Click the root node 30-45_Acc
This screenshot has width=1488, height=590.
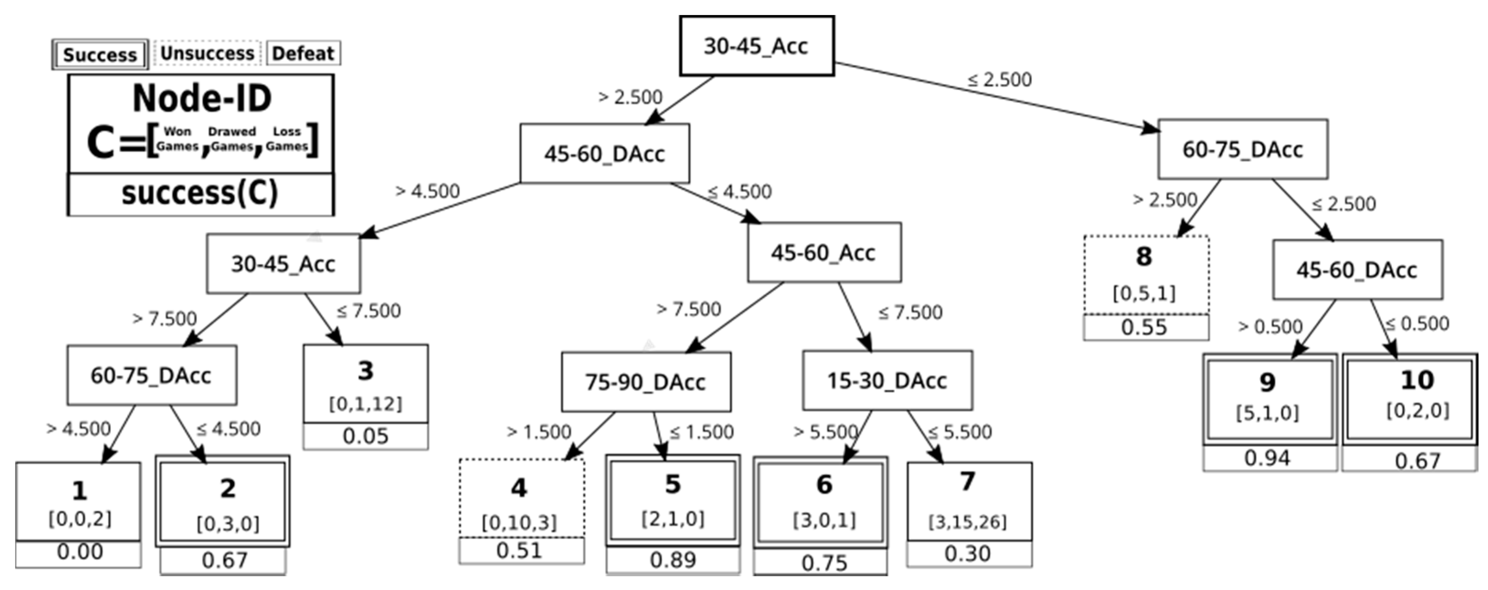pos(756,46)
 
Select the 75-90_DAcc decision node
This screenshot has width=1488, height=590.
pos(645,382)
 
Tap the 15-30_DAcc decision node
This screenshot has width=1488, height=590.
pos(887,380)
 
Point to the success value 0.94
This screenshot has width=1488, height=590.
pos(1267,458)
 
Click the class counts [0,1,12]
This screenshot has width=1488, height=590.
pos(365,404)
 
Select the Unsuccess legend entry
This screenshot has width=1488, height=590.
pos(208,53)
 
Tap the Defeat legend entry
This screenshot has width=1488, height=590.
pos(303,53)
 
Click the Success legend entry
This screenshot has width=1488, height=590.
pos(100,55)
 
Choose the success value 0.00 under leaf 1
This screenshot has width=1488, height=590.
pos(80,552)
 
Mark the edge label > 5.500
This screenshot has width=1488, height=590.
pos(825,432)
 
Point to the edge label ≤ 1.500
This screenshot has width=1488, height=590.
pos(701,432)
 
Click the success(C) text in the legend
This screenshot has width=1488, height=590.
pos(200,193)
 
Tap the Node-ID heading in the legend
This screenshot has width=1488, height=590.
pos(202,98)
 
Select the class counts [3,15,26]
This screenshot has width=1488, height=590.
pos(968,522)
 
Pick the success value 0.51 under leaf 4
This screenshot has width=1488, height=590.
pos(519,550)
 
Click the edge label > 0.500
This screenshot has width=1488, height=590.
pos(1270,326)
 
